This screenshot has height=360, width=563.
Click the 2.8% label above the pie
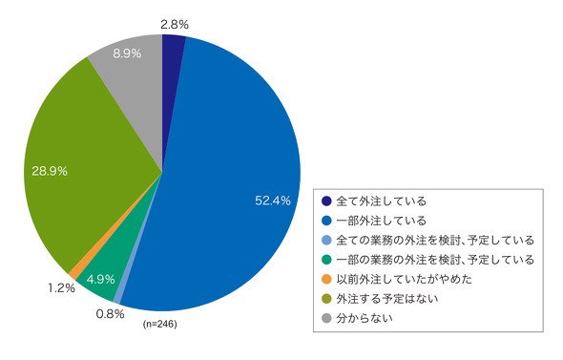tap(175, 25)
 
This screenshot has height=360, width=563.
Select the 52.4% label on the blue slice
tap(273, 201)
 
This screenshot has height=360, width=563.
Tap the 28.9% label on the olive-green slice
tap(50, 171)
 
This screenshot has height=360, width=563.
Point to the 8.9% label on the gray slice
tap(127, 53)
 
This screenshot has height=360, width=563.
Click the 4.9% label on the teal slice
tap(100, 279)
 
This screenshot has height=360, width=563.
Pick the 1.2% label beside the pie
tap(61, 287)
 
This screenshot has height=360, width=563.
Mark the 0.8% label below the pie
tap(110, 314)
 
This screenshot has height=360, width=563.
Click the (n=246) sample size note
tap(159, 324)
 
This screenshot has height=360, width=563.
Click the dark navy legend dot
tap(326, 201)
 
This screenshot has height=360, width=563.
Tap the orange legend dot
tap(326, 279)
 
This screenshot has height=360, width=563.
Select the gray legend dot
tap(326, 318)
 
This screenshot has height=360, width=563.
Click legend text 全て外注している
tap(381, 201)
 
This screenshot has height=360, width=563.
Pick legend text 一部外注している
tap(381, 221)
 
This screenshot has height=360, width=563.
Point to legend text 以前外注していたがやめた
tap(404, 279)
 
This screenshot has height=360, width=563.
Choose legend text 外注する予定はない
tap(387, 299)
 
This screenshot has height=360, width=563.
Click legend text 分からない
tap(365, 318)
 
